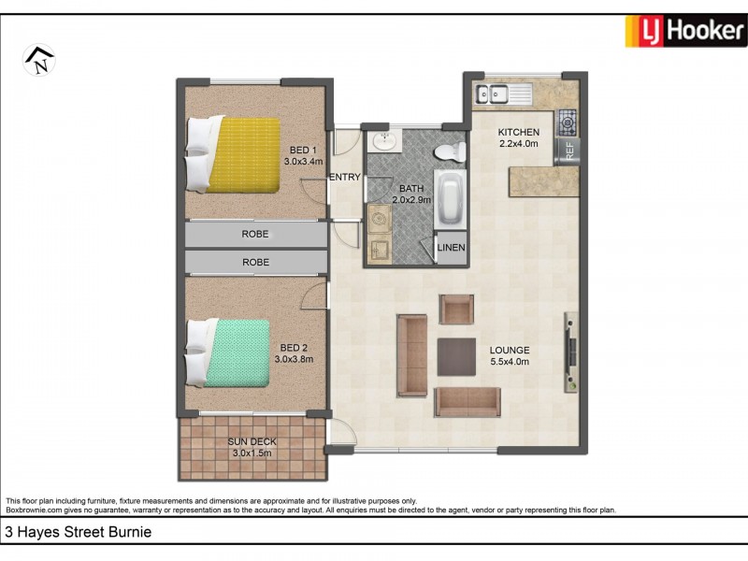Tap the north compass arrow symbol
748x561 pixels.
point(39,61)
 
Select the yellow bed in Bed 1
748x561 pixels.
point(242,155)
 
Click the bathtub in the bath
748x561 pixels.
point(451,197)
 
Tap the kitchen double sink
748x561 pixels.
point(492,93)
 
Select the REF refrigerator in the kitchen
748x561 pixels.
point(567,151)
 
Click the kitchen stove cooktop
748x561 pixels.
point(567,121)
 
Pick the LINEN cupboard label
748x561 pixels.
point(452,249)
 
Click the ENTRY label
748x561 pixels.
point(345,177)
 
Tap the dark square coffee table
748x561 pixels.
point(456,356)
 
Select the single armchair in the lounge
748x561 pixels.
point(457,309)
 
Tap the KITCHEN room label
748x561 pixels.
point(519,132)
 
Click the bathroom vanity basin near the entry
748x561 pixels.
point(383,142)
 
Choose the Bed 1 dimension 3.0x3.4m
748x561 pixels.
point(303,161)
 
